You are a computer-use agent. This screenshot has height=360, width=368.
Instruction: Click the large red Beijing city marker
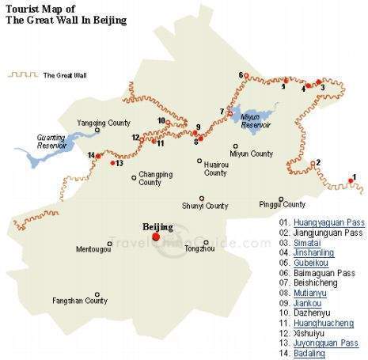point(156,236)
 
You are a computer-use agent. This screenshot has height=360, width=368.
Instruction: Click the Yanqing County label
point(103,123)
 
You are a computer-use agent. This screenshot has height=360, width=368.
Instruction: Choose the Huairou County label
point(215,169)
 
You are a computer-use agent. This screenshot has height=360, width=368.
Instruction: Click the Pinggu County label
point(282,203)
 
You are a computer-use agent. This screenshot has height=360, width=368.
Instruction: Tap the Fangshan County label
point(80,301)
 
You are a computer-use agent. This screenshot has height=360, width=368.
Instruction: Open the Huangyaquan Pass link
point(328,222)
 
